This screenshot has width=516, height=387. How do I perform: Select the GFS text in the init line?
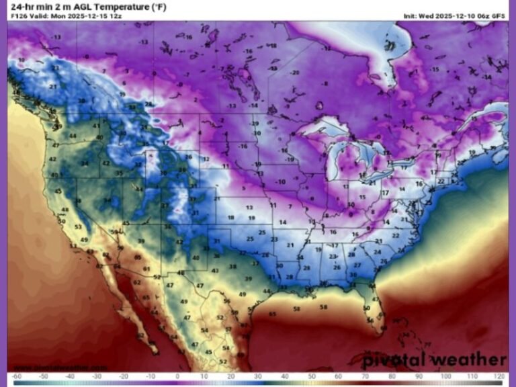499,15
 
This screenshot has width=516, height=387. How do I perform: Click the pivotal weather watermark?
442,359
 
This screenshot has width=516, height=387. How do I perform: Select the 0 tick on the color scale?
177,377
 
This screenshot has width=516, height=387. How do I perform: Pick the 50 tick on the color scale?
312,377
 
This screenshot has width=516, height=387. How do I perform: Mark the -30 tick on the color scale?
97,377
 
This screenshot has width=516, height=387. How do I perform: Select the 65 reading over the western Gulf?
272,314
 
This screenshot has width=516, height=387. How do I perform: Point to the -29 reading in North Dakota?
255,124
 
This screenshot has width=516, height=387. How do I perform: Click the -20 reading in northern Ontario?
294,72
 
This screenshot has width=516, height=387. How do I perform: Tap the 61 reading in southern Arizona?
146,269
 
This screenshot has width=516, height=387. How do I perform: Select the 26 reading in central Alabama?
337,267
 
